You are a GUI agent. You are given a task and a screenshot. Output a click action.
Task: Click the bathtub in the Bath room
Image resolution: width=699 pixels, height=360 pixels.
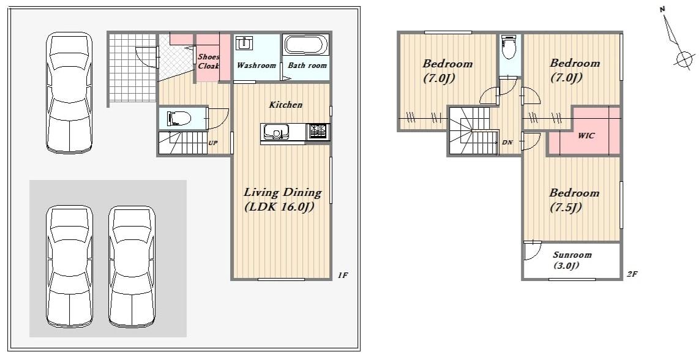pos(306,45)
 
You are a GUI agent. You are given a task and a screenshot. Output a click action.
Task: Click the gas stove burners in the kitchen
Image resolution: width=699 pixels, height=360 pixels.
pos(318,130)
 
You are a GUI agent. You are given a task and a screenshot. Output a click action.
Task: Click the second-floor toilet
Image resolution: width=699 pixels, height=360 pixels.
pos(509,47)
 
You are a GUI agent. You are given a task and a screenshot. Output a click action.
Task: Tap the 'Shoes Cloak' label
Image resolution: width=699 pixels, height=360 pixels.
pos(209,62)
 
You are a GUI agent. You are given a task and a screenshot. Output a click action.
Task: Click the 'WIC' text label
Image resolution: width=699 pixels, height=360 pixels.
pos(586,135)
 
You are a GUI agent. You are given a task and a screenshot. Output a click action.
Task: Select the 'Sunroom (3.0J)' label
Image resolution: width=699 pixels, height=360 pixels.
pos(572,260)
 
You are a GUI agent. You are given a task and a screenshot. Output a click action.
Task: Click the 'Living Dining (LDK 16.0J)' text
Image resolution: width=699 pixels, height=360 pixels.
pos(283,200)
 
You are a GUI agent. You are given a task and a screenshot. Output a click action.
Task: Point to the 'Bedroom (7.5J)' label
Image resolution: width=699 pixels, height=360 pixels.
pos(574,200)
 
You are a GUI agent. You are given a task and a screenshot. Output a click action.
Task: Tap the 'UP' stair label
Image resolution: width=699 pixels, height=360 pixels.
pos(213,143)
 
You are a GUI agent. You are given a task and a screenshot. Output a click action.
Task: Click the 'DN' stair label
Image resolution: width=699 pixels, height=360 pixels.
pos(507,142)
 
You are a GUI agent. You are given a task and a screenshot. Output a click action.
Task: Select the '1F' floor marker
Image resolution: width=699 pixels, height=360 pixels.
pos(342,276)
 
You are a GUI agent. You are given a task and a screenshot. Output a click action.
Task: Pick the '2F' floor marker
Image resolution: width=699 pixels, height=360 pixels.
pos(632,274)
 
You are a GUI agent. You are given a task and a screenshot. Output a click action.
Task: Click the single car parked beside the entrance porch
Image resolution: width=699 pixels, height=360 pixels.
pos(70,93)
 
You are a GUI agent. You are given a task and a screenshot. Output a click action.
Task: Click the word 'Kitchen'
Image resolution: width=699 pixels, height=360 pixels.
pos(285,105)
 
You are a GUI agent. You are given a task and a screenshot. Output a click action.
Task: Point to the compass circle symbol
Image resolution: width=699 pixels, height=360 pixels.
pos(682,58)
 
